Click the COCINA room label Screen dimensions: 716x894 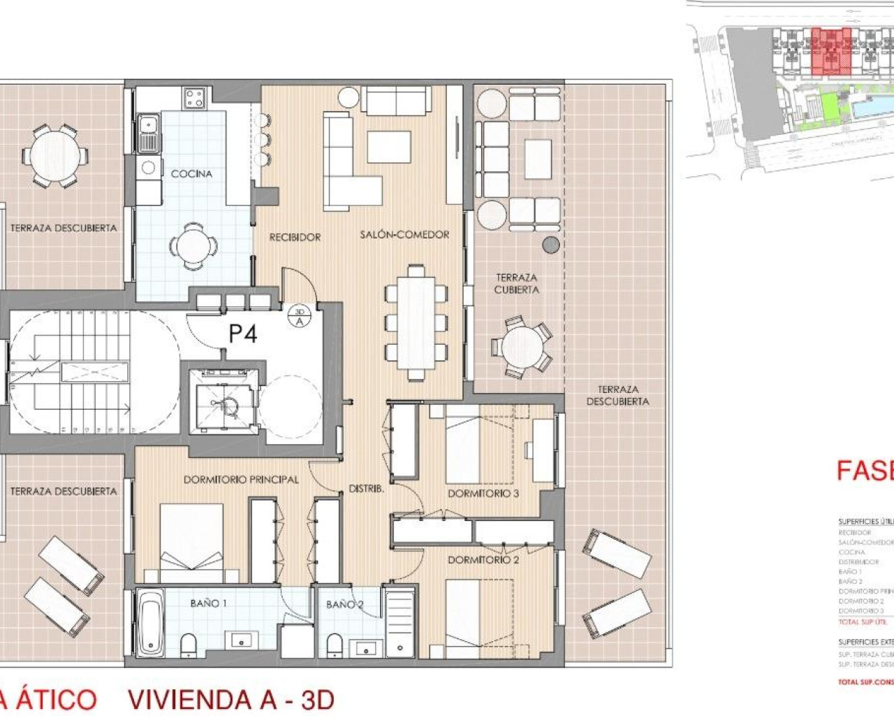click(x=191, y=173)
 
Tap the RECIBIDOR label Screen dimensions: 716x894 click(x=295, y=237)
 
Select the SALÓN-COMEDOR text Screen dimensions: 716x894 click(x=404, y=234)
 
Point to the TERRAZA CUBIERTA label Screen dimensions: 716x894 click(x=516, y=283)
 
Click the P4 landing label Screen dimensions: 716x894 click(x=243, y=334)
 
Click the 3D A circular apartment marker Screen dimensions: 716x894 click(x=300, y=317)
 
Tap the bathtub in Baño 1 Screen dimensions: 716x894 click(x=149, y=622)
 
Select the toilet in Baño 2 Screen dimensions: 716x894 click(x=335, y=645)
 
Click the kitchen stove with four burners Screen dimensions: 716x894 click(x=194, y=97)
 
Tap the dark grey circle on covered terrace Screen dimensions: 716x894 click(x=551, y=244)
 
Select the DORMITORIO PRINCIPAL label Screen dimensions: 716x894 click(x=241, y=479)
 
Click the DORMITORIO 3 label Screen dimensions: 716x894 click(x=483, y=493)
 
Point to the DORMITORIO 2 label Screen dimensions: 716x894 click(x=483, y=560)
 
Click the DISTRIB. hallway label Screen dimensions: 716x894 click(x=367, y=489)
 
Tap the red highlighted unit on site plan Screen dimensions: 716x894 click(x=828, y=52)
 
